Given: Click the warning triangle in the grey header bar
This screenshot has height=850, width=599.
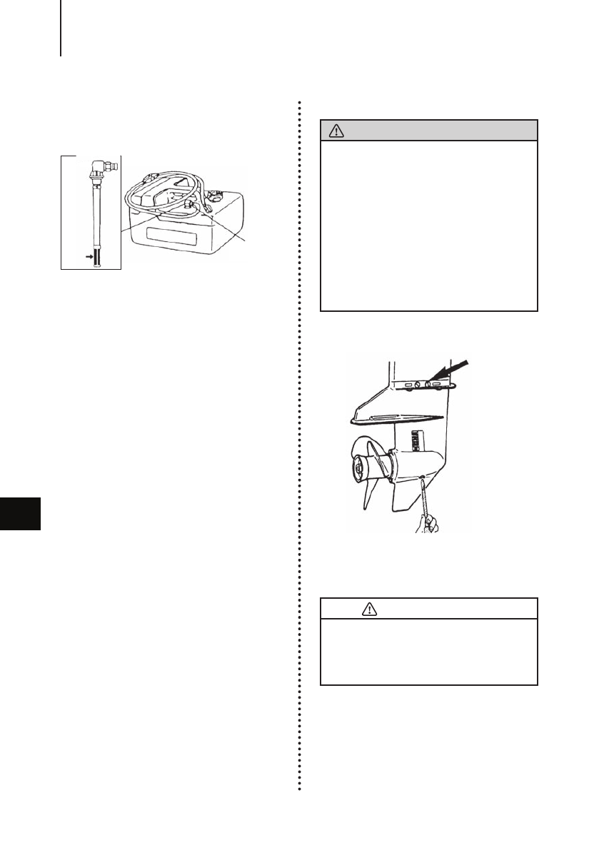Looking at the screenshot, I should [336, 131].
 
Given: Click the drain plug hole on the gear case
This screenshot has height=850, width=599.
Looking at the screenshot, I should [421, 476].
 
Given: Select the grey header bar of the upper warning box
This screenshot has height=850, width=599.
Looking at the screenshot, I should [428, 131].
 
